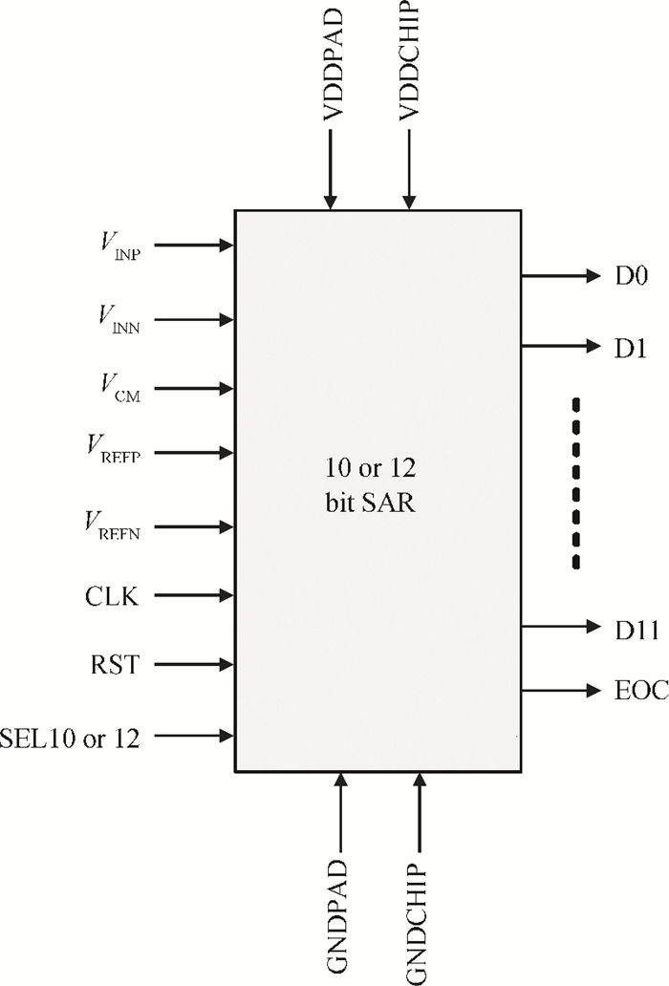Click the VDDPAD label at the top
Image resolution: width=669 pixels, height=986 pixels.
333,65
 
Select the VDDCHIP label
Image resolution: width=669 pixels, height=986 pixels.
410,60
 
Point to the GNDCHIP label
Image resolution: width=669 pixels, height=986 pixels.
417,923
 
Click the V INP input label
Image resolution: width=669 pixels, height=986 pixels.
120,246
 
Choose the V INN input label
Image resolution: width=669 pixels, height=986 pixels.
119,319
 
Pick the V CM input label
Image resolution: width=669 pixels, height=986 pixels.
120,388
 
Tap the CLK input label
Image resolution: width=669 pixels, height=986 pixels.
112,596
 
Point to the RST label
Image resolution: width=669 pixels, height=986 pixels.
115,664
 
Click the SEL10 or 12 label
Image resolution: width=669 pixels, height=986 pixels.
70,738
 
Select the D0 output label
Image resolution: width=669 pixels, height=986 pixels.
632,276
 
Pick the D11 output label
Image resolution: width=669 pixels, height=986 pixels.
637,630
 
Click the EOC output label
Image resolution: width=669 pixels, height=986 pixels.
641,691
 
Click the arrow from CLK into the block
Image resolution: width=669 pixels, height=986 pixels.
194,595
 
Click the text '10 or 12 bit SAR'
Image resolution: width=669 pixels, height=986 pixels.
371,485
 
